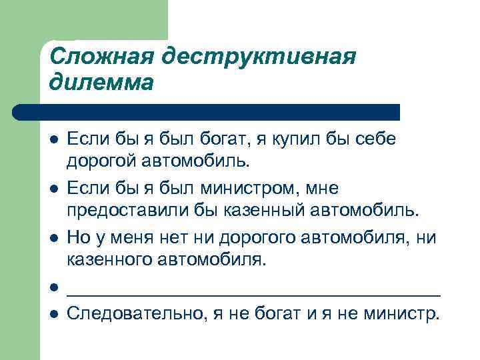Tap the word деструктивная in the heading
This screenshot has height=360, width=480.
point(262,56)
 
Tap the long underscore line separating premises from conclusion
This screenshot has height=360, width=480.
point(255,291)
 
